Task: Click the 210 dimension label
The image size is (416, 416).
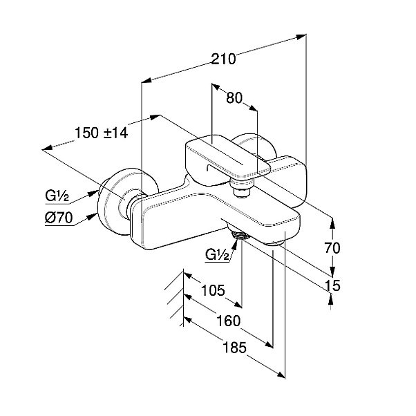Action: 224,59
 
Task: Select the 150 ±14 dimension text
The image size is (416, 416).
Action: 102,133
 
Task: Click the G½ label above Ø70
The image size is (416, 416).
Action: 59,196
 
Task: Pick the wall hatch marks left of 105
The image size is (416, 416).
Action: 173,297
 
